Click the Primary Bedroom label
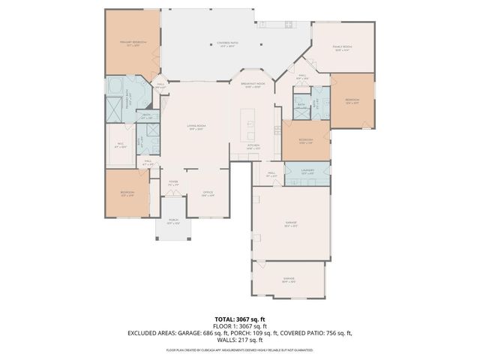click(x=132, y=43)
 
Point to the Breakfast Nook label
click(x=256, y=85)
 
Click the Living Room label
click(x=196, y=128)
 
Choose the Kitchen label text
click(x=253, y=147)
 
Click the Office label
click(x=208, y=193)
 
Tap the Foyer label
click(x=173, y=182)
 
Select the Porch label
click(x=173, y=223)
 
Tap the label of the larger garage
click(x=290, y=223)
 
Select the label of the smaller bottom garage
click(x=289, y=281)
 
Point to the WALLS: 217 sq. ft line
click(x=239, y=341)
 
